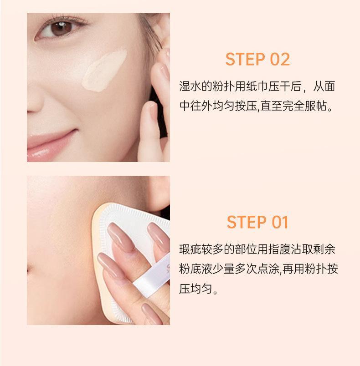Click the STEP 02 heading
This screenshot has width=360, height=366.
(x=257, y=59)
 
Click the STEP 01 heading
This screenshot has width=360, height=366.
(x=257, y=222)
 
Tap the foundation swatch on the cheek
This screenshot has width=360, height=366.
(x=104, y=70)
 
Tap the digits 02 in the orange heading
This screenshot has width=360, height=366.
(x=280, y=59)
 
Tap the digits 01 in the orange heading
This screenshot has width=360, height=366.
(x=280, y=222)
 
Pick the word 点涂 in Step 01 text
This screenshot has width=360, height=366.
(x=268, y=269)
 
